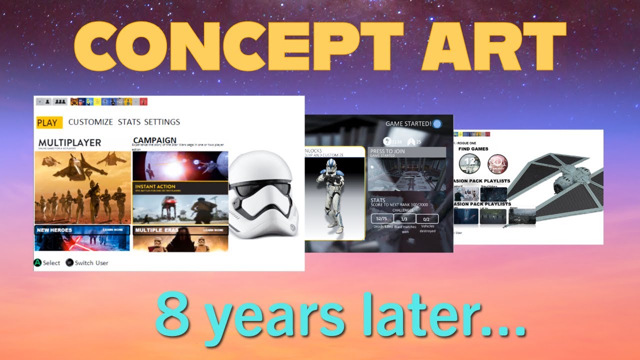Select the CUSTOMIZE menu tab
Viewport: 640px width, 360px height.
point(90,122)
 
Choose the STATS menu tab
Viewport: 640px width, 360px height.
point(129,122)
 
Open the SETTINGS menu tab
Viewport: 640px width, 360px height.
point(162,122)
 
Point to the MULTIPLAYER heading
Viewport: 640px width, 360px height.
point(69,142)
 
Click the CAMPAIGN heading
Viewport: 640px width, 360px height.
point(155,140)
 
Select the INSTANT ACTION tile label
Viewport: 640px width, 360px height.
point(155,186)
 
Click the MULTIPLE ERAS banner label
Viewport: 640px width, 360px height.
point(155,230)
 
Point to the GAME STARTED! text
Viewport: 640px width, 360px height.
point(408,123)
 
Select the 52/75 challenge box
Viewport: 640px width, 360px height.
point(382,218)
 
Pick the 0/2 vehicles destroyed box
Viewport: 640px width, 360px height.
point(427,218)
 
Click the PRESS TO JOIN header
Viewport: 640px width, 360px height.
point(387,151)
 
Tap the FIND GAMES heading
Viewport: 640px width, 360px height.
point(473,148)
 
